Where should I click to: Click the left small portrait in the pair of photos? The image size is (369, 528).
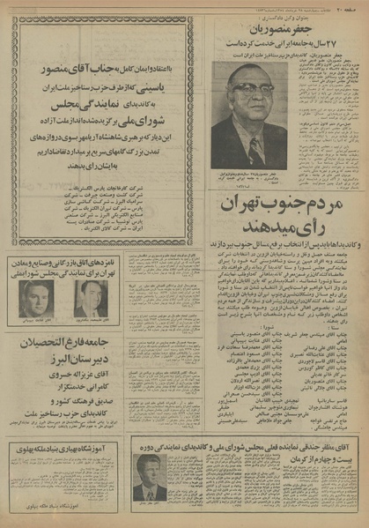click(35, 300)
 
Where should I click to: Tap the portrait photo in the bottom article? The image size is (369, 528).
click(151, 477)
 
